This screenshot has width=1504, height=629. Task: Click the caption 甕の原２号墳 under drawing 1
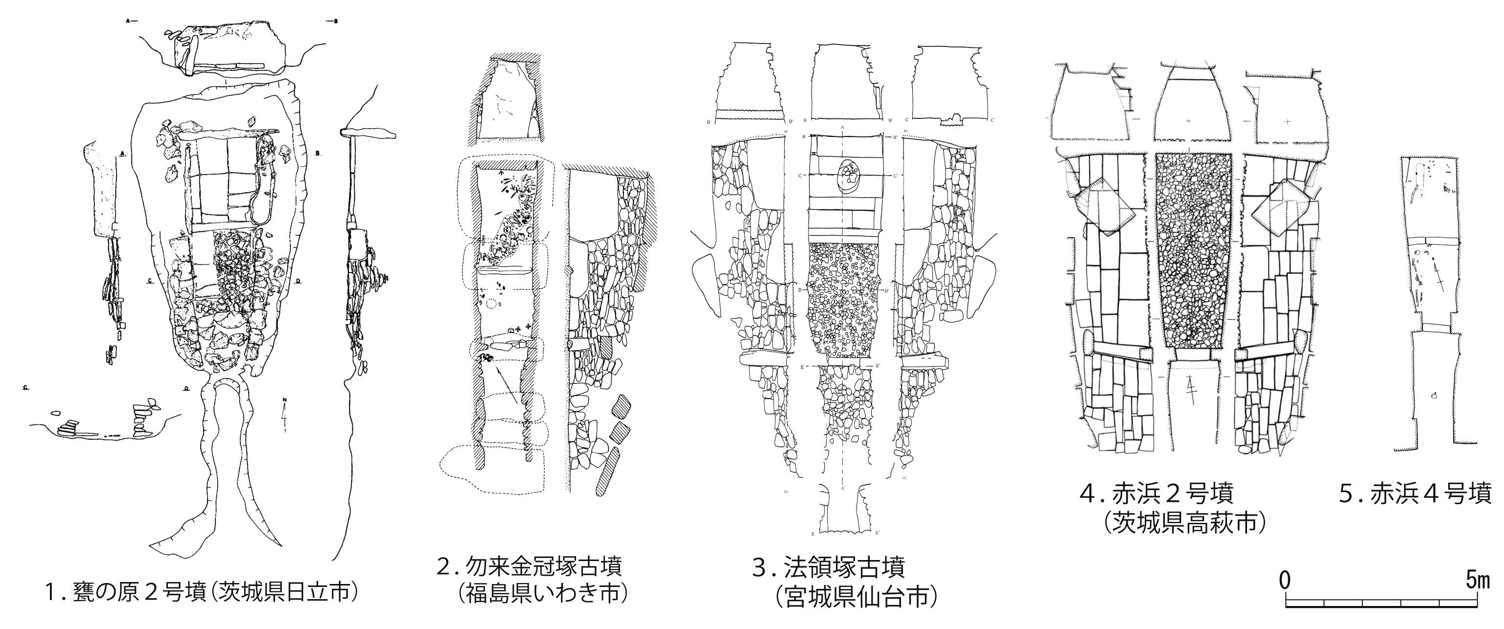[x=123, y=593]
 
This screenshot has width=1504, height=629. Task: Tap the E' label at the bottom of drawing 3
[x=879, y=532]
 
